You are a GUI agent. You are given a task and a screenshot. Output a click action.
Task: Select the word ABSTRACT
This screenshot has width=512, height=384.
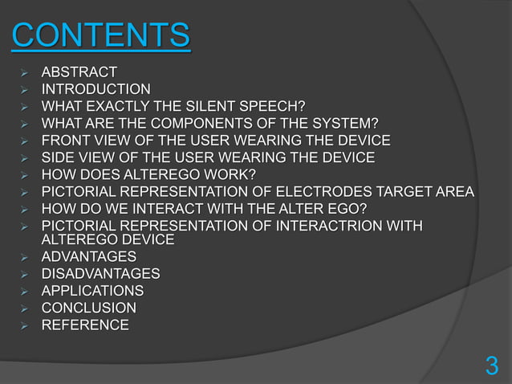click(x=80, y=72)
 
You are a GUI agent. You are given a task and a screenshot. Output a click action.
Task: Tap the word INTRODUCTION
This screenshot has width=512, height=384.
click(x=95, y=89)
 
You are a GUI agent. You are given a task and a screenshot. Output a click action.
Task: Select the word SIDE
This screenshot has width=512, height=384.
click(x=58, y=157)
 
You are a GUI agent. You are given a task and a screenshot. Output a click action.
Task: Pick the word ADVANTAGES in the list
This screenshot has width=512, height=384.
click(x=88, y=257)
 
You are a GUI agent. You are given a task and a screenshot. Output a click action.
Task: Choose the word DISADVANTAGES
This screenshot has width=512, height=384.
click(x=100, y=274)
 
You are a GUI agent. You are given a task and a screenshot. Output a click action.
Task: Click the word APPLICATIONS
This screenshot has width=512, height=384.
click(x=93, y=291)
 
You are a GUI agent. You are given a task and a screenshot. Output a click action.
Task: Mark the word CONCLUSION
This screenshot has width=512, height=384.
click(x=88, y=308)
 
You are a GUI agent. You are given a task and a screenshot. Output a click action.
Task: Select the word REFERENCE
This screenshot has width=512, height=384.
click(x=84, y=325)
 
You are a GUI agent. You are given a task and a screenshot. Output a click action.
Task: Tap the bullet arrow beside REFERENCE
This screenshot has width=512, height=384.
click(x=24, y=325)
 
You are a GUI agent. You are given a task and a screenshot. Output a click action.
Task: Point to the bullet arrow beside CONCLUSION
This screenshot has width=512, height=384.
click(x=24, y=308)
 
